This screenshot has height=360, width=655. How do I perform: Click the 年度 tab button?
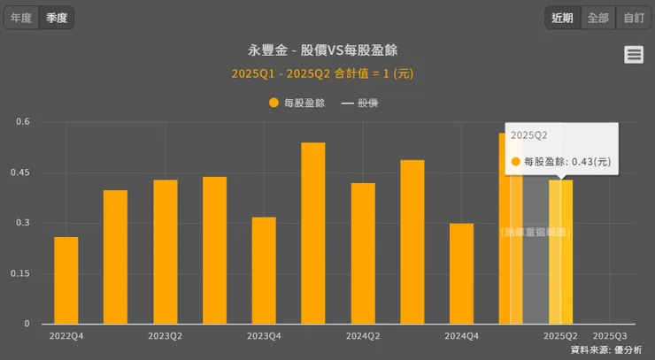pyautogui.click(x=21, y=18)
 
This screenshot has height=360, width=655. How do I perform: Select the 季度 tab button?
pyautogui.click(x=57, y=18)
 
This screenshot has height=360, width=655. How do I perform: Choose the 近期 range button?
pyautogui.click(x=562, y=18)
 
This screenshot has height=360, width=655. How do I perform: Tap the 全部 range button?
pyautogui.click(x=597, y=18)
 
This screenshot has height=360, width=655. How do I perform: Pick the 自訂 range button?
pyautogui.click(x=633, y=18)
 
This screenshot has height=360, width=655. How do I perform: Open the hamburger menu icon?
pyautogui.click(x=634, y=55)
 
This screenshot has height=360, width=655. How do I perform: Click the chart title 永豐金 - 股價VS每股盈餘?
pyautogui.click(x=328, y=50)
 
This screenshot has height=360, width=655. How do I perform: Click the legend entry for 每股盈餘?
pyautogui.click(x=297, y=103)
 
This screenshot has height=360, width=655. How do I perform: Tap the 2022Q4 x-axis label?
pyautogui.click(x=66, y=336)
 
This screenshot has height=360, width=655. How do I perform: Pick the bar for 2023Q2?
pyautogui.click(x=166, y=251)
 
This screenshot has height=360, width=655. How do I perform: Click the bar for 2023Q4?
pyautogui.click(x=264, y=270)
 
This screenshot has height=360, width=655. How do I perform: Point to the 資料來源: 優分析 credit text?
pyautogui.click(x=606, y=350)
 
